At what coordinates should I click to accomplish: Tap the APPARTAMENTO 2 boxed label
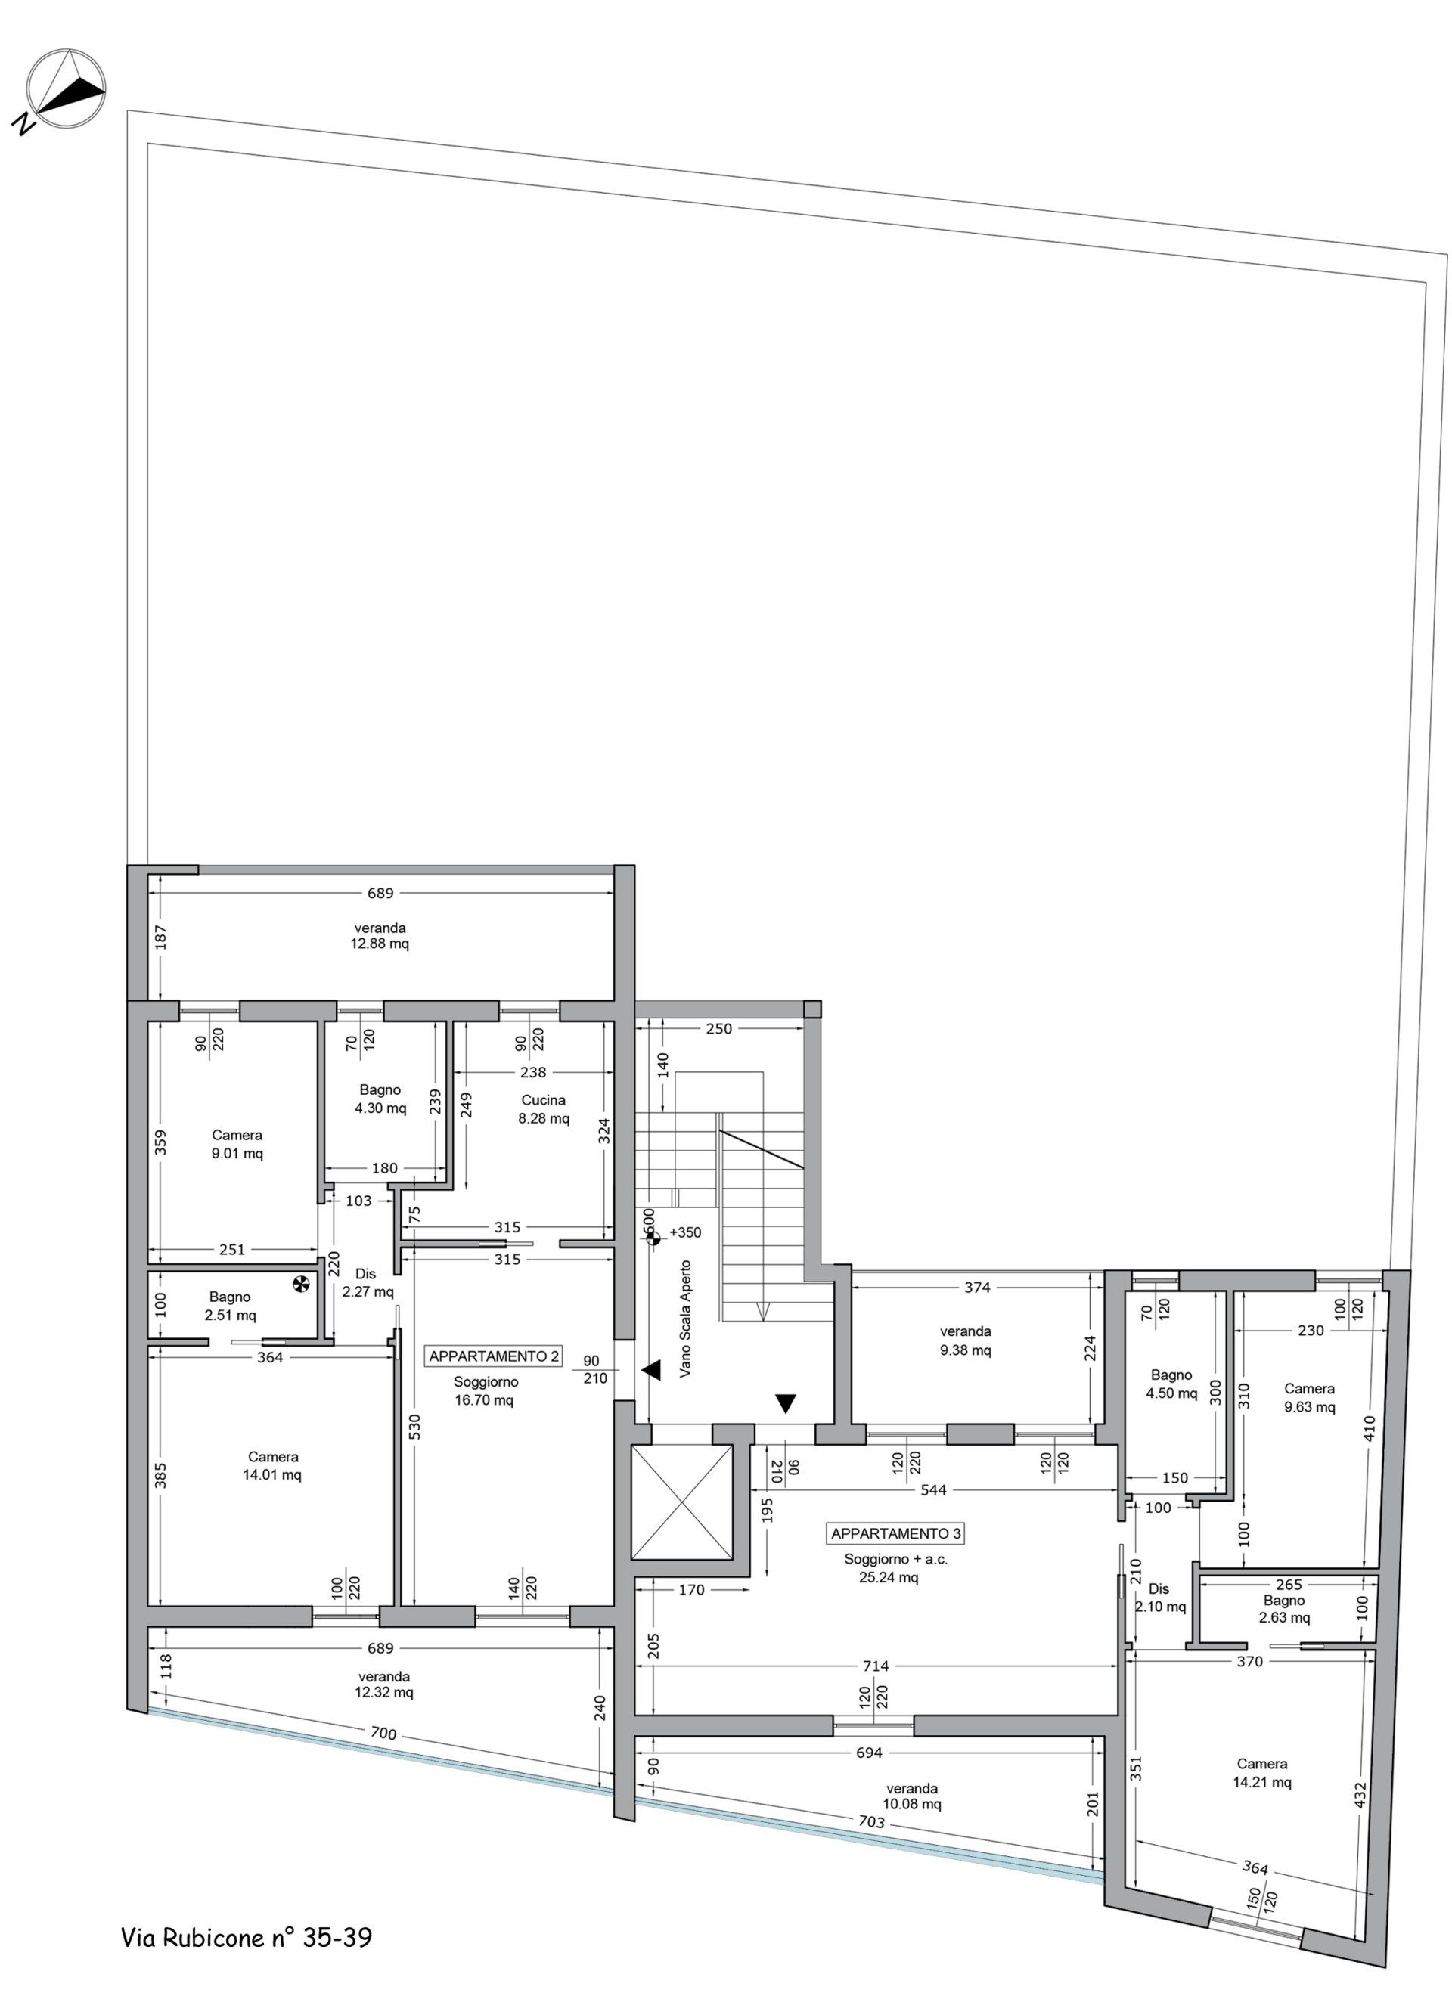tap(494, 1356)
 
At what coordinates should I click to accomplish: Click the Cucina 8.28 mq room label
tap(543, 1109)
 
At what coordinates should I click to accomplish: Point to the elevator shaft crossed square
tap(682, 1502)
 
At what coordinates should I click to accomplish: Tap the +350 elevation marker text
tap(685, 1232)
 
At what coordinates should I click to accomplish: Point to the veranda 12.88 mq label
tap(380, 935)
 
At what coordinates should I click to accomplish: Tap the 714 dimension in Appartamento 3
tap(876, 1665)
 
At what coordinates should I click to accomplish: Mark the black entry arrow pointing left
tap(650, 1370)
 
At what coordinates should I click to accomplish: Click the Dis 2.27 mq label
tap(368, 1282)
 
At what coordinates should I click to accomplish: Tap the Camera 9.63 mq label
tap(1308, 1397)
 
